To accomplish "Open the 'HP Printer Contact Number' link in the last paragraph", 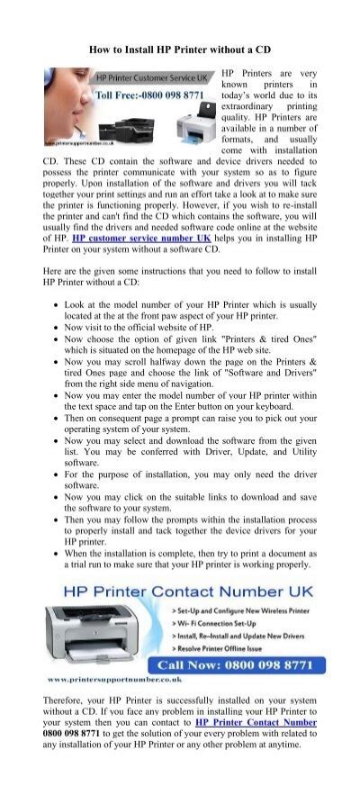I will [x=256, y=721].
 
